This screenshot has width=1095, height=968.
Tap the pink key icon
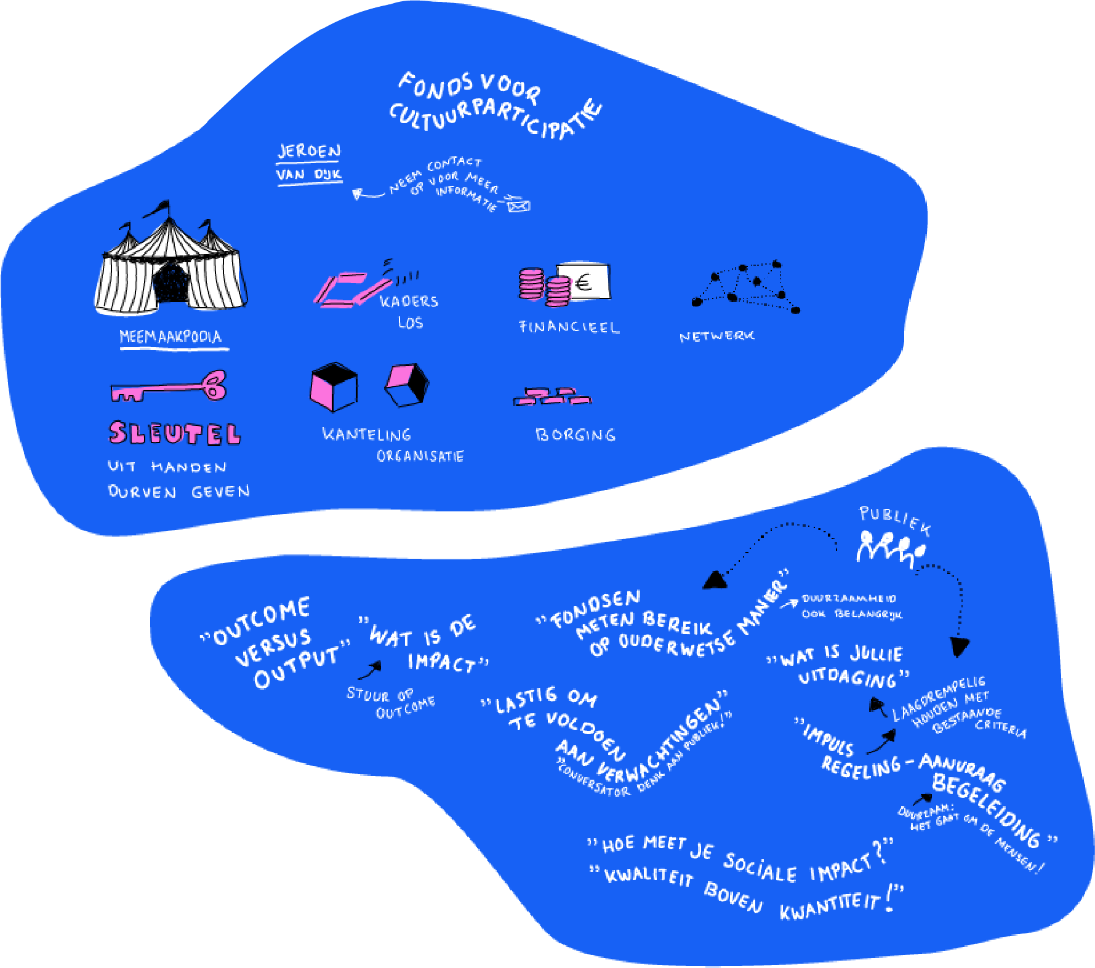coord(168,388)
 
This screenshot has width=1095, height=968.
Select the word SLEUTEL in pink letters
coord(175,433)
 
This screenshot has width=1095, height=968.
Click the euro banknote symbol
coord(583,282)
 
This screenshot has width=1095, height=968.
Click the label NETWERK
coord(716,337)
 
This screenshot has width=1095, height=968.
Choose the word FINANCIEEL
coord(569,327)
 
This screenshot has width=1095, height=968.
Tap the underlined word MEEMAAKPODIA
coord(170,337)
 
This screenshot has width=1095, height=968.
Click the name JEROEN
coord(309,151)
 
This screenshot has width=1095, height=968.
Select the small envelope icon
coord(518,205)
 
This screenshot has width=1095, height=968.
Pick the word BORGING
coord(576,434)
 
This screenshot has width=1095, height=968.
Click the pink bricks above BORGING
coord(553,397)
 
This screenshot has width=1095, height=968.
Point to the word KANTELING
coord(367,434)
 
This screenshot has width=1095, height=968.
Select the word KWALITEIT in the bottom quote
coord(649,876)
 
